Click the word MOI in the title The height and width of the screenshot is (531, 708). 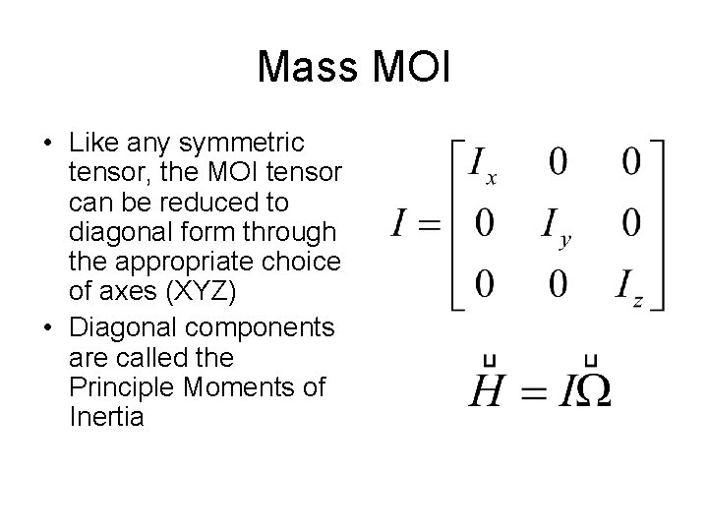411,67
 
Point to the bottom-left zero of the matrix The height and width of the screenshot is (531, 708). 484,285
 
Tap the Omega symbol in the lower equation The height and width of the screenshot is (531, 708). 591,392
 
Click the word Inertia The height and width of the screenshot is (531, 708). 107,417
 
